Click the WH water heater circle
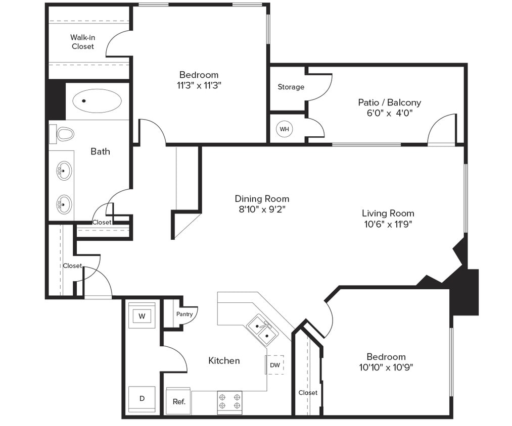coord(285,129)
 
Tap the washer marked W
coord(142,316)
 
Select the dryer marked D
coord(142,398)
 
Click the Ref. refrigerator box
coord(178,402)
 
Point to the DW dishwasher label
coord(274,365)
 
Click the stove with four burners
coord(229,402)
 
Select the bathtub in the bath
coord(97,101)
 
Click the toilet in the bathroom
coord(64,134)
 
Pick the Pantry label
coord(184,314)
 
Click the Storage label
coord(291,87)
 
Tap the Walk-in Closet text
coord(82,42)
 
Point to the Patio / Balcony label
coord(389,102)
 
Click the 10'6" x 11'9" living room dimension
coord(388,225)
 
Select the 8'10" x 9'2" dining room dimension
coord(262,209)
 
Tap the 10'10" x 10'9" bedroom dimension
coord(386,367)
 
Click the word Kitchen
coord(224,360)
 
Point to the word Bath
coord(100,151)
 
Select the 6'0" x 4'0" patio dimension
coord(390,114)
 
